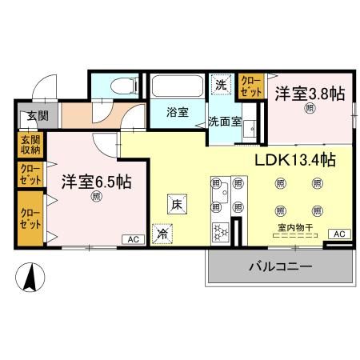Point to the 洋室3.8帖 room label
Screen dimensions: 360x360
[310, 94]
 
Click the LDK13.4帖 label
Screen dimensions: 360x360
[294, 159]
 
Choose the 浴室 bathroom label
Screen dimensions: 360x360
[178, 112]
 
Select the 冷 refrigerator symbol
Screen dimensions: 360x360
[162, 234]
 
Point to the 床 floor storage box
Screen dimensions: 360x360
[178, 204]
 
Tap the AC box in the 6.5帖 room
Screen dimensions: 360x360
[130, 238]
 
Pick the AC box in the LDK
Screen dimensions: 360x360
[339, 233]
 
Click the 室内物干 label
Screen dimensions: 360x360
[295, 226]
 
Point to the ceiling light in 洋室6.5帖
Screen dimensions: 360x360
[96, 196]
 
